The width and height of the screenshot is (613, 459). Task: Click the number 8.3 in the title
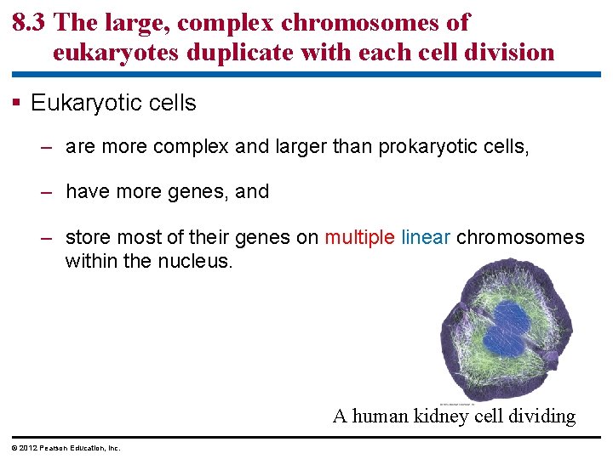(30, 23)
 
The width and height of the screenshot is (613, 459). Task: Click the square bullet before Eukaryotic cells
(17, 104)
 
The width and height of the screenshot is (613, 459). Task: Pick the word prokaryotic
(426, 147)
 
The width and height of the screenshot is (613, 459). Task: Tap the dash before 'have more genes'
(49, 192)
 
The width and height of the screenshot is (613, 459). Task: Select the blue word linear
(426, 237)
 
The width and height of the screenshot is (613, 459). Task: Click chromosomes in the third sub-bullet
(520, 237)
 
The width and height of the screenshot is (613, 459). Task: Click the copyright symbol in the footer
(14, 448)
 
